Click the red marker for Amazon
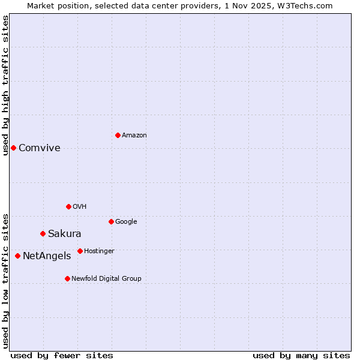118,135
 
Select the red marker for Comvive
13,148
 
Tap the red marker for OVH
68,206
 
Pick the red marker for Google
111,221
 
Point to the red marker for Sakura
43,233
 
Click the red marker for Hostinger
80,251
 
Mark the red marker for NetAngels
17,256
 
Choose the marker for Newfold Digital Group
67,278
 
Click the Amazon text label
134,136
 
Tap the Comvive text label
40,148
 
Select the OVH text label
80,207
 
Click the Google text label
126,222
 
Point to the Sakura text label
65,234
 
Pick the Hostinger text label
99,251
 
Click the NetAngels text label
47,256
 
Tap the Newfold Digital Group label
106,279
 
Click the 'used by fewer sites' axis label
62,355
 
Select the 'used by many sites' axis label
301,355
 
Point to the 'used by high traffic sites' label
5,85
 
